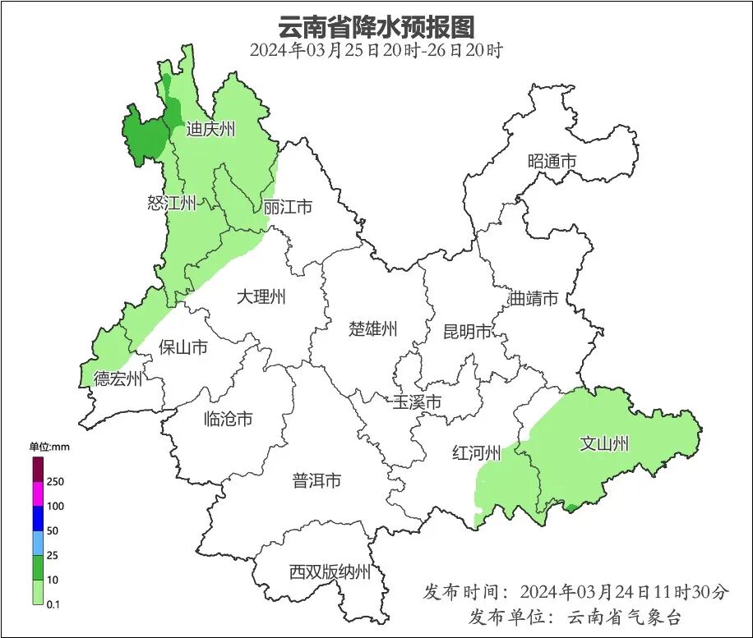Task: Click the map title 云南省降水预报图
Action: [x=376, y=27]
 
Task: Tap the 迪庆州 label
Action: [x=210, y=129]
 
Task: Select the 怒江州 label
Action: [x=172, y=203]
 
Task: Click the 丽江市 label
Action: [x=288, y=207]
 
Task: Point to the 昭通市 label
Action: [x=552, y=162]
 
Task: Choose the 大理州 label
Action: [x=261, y=296]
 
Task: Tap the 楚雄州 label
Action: [x=372, y=329]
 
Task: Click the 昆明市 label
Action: [x=467, y=332]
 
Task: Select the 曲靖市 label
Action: [x=533, y=298]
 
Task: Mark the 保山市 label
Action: [x=182, y=347]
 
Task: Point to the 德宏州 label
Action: [x=118, y=379]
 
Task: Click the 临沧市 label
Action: [x=228, y=419]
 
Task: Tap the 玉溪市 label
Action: [x=417, y=402]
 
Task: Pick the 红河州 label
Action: [x=477, y=453]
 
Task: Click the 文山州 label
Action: [x=604, y=444]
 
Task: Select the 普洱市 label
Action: [x=316, y=481]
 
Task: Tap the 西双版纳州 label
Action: [x=330, y=572]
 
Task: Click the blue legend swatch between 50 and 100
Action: [x=38, y=518]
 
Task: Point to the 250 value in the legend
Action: [x=56, y=481]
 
